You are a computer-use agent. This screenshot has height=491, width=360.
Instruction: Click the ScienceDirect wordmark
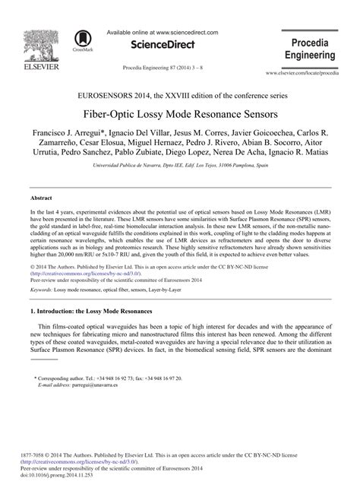pyautogui.click(x=164, y=46)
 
